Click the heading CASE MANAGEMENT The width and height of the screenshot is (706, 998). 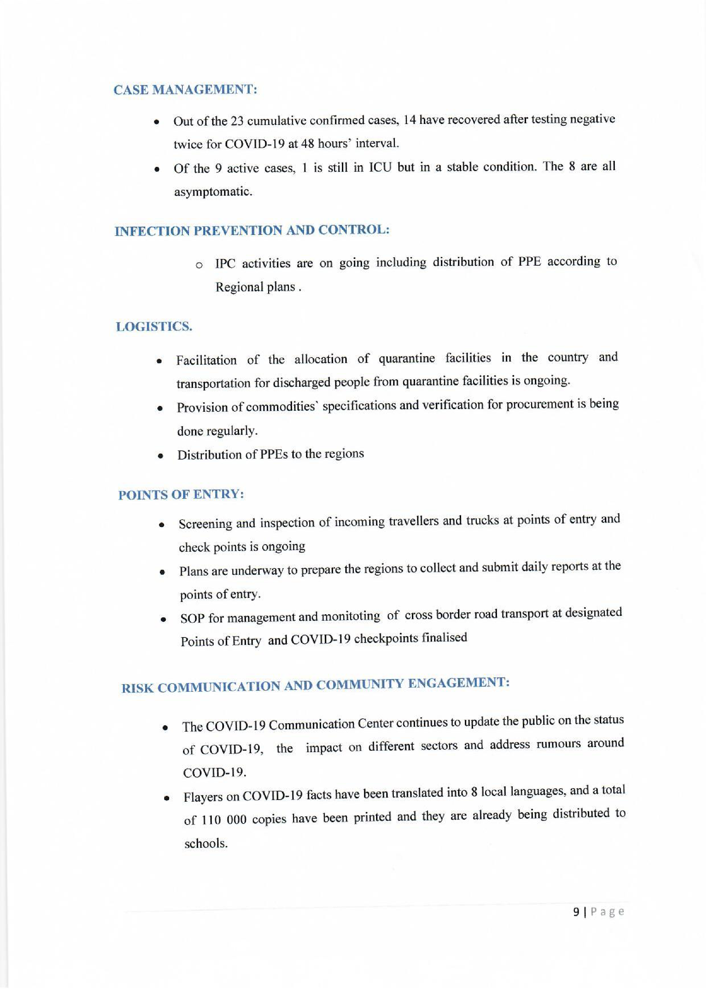pos(185,90)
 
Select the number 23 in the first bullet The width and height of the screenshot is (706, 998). pos(236,121)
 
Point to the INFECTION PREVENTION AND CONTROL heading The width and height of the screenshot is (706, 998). pos(252,230)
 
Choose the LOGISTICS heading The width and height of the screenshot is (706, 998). pos(154,327)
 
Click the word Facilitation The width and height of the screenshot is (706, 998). pos(207,360)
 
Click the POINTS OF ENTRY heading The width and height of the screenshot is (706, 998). pos(181,495)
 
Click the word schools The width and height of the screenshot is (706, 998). pos(206,844)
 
